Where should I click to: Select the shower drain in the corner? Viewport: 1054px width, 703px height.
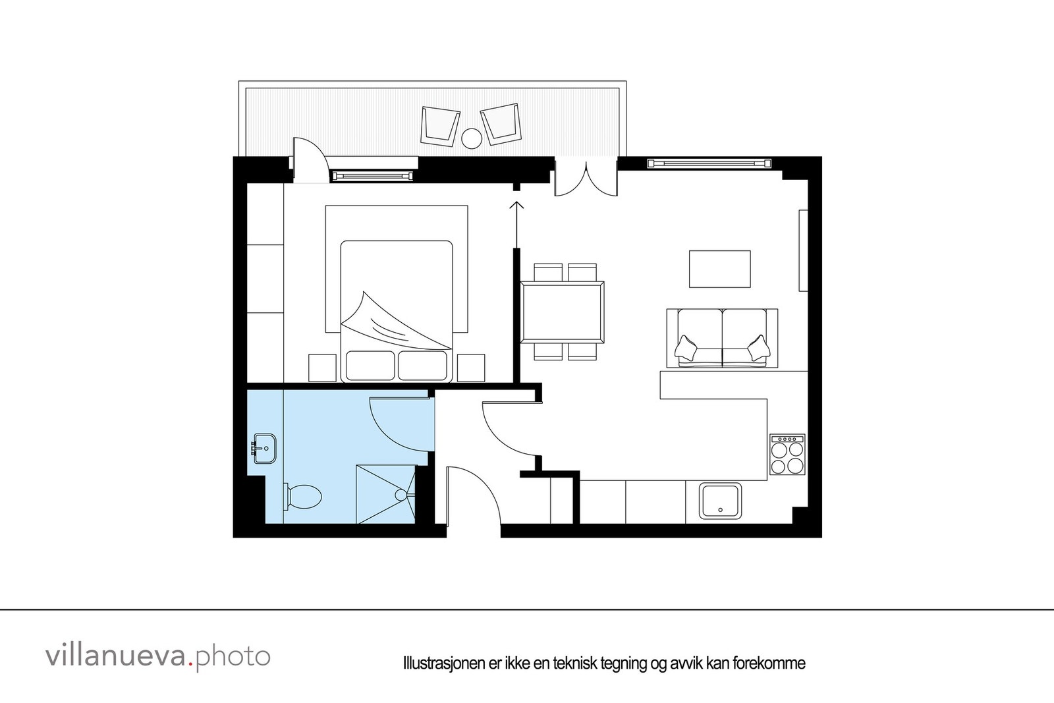(401, 494)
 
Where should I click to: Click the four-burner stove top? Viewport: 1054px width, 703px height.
(787, 455)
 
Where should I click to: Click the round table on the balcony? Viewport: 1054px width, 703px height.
(472, 138)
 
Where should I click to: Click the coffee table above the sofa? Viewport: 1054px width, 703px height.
(719, 269)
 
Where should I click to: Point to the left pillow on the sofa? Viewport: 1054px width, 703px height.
(687, 347)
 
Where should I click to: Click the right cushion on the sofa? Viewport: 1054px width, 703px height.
(758, 347)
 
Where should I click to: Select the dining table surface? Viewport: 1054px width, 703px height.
(562, 312)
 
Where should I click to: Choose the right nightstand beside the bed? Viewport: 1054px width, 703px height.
(471, 368)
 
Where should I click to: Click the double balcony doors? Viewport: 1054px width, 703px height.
(585, 178)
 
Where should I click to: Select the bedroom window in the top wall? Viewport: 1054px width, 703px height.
(374, 175)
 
